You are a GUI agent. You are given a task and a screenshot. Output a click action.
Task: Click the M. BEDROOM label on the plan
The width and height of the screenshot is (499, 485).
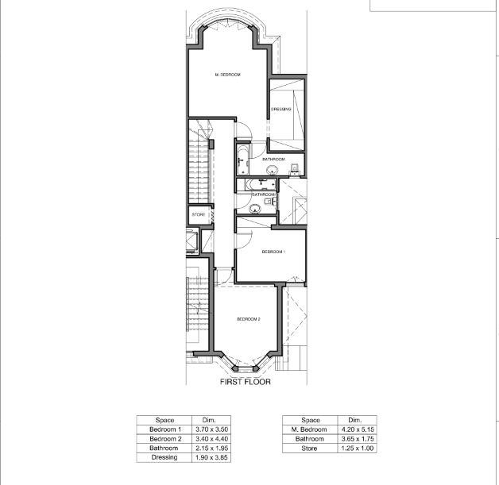(x=227, y=75)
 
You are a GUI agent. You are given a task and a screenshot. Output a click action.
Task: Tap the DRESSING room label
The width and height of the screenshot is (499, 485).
(x=281, y=110)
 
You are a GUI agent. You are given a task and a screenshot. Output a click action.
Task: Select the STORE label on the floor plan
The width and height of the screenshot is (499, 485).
(x=199, y=215)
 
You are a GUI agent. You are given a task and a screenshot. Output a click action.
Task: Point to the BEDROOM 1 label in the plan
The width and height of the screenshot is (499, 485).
(x=273, y=252)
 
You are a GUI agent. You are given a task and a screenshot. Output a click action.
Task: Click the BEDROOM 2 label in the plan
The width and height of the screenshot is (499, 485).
(x=249, y=319)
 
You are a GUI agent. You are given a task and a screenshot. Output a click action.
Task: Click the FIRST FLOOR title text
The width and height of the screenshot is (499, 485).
(x=246, y=382)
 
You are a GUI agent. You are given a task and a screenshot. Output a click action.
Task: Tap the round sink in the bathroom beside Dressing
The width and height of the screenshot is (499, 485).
(x=272, y=170)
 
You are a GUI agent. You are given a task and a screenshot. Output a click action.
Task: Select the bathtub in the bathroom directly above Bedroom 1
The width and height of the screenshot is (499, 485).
(x=261, y=185)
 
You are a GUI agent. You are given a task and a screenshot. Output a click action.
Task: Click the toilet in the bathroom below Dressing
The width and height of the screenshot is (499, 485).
(x=295, y=169)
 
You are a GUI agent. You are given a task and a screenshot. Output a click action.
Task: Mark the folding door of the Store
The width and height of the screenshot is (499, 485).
(x=212, y=215)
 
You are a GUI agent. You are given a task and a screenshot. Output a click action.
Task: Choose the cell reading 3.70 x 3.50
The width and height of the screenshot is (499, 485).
(x=211, y=429)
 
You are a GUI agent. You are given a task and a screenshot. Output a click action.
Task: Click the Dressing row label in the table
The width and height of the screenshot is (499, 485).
(x=164, y=457)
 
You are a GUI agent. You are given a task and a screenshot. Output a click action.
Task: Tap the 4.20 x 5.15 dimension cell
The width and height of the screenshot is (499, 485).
(x=358, y=429)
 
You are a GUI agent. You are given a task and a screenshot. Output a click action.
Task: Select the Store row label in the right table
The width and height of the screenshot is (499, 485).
(x=310, y=448)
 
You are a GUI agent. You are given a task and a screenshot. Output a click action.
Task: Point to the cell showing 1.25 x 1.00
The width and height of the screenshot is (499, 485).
(x=358, y=448)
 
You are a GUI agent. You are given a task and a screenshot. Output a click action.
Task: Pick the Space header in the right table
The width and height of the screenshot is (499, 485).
(x=310, y=420)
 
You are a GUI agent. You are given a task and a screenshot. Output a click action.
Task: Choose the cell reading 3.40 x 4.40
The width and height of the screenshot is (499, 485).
(x=211, y=439)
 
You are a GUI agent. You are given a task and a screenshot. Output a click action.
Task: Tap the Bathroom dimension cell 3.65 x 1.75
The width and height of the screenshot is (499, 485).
(x=358, y=439)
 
